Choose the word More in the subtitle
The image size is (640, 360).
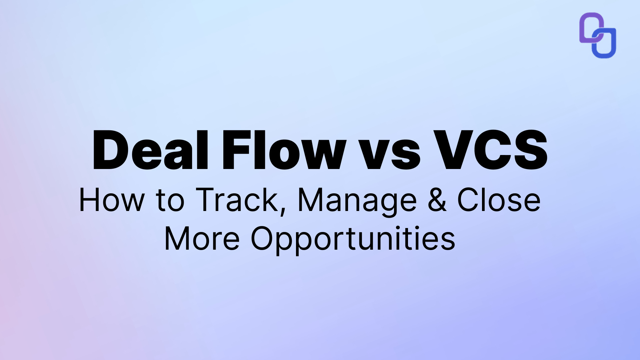pyautogui.click(x=202, y=239)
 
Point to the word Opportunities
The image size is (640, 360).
pyautogui.click(x=353, y=239)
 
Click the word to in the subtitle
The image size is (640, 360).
pyautogui.click(x=170, y=201)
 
